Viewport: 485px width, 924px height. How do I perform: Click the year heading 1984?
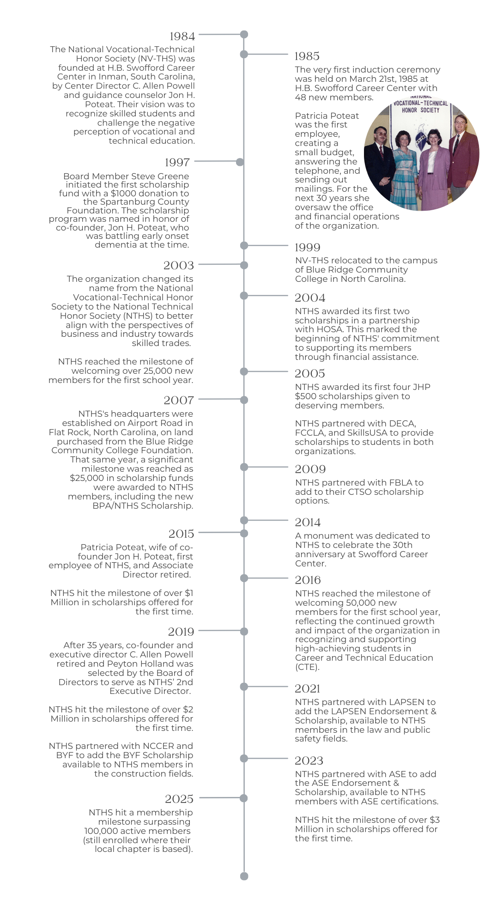coord(182,36)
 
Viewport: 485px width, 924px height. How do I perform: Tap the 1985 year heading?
coord(307,56)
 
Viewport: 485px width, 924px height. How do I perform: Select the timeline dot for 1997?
coord(240,162)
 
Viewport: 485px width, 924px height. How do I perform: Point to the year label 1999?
coord(308,247)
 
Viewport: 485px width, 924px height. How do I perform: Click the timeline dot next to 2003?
coord(244,265)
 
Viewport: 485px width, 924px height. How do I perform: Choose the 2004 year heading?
coord(310,298)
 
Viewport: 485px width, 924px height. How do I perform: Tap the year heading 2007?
coord(179,400)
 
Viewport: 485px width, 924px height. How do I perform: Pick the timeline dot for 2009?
coord(244,467)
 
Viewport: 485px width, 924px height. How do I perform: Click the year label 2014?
coord(308,522)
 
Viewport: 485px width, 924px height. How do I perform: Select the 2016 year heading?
coord(308,580)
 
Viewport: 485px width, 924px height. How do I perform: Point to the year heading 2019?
coord(181,632)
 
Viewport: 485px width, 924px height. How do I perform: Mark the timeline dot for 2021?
coord(244,687)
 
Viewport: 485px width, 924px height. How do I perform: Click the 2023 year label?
coord(309,760)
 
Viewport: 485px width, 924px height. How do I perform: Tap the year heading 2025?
coord(179,799)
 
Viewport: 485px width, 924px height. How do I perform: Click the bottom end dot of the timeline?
coord(244,876)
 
